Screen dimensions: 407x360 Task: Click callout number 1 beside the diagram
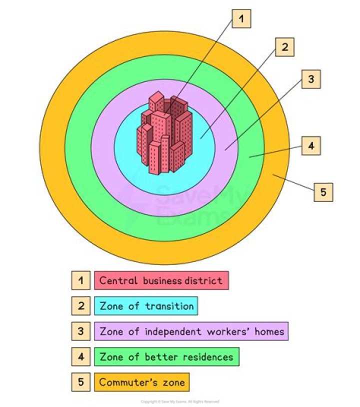(241, 19)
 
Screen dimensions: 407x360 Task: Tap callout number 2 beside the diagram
(284, 47)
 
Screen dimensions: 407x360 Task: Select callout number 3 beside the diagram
(310, 79)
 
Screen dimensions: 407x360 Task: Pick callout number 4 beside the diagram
(311, 146)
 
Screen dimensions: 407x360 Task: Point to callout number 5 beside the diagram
(323, 192)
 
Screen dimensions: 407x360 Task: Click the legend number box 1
(81, 280)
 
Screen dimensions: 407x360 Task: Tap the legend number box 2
(81, 306)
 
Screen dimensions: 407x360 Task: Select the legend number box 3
(81, 331)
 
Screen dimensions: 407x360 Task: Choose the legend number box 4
(81, 357)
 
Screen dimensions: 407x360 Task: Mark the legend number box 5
(81, 382)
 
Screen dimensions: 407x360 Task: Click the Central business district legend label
(161, 280)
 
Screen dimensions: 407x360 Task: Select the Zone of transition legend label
(146, 306)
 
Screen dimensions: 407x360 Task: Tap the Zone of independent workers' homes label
(191, 331)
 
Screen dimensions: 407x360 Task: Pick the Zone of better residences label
(166, 357)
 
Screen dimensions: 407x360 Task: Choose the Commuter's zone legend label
(142, 382)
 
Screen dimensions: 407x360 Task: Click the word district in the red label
(203, 280)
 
